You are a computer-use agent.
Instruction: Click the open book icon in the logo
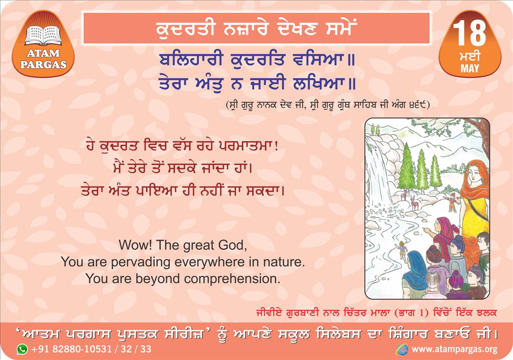[x=43, y=35]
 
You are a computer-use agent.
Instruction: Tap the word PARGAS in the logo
[x=43, y=64]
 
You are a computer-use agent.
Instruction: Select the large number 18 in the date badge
[x=469, y=33]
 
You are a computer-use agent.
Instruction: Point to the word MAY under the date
[x=470, y=68]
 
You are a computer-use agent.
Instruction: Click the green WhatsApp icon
[x=22, y=349]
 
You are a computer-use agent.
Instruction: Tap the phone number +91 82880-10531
[x=71, y=349]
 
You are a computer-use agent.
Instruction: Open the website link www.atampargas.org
[x=454, y=349]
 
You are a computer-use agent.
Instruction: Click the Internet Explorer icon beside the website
[x=402, y=349]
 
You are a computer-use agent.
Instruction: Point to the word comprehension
[x=232, y=279]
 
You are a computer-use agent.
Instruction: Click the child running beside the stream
[x=401, y=251]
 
